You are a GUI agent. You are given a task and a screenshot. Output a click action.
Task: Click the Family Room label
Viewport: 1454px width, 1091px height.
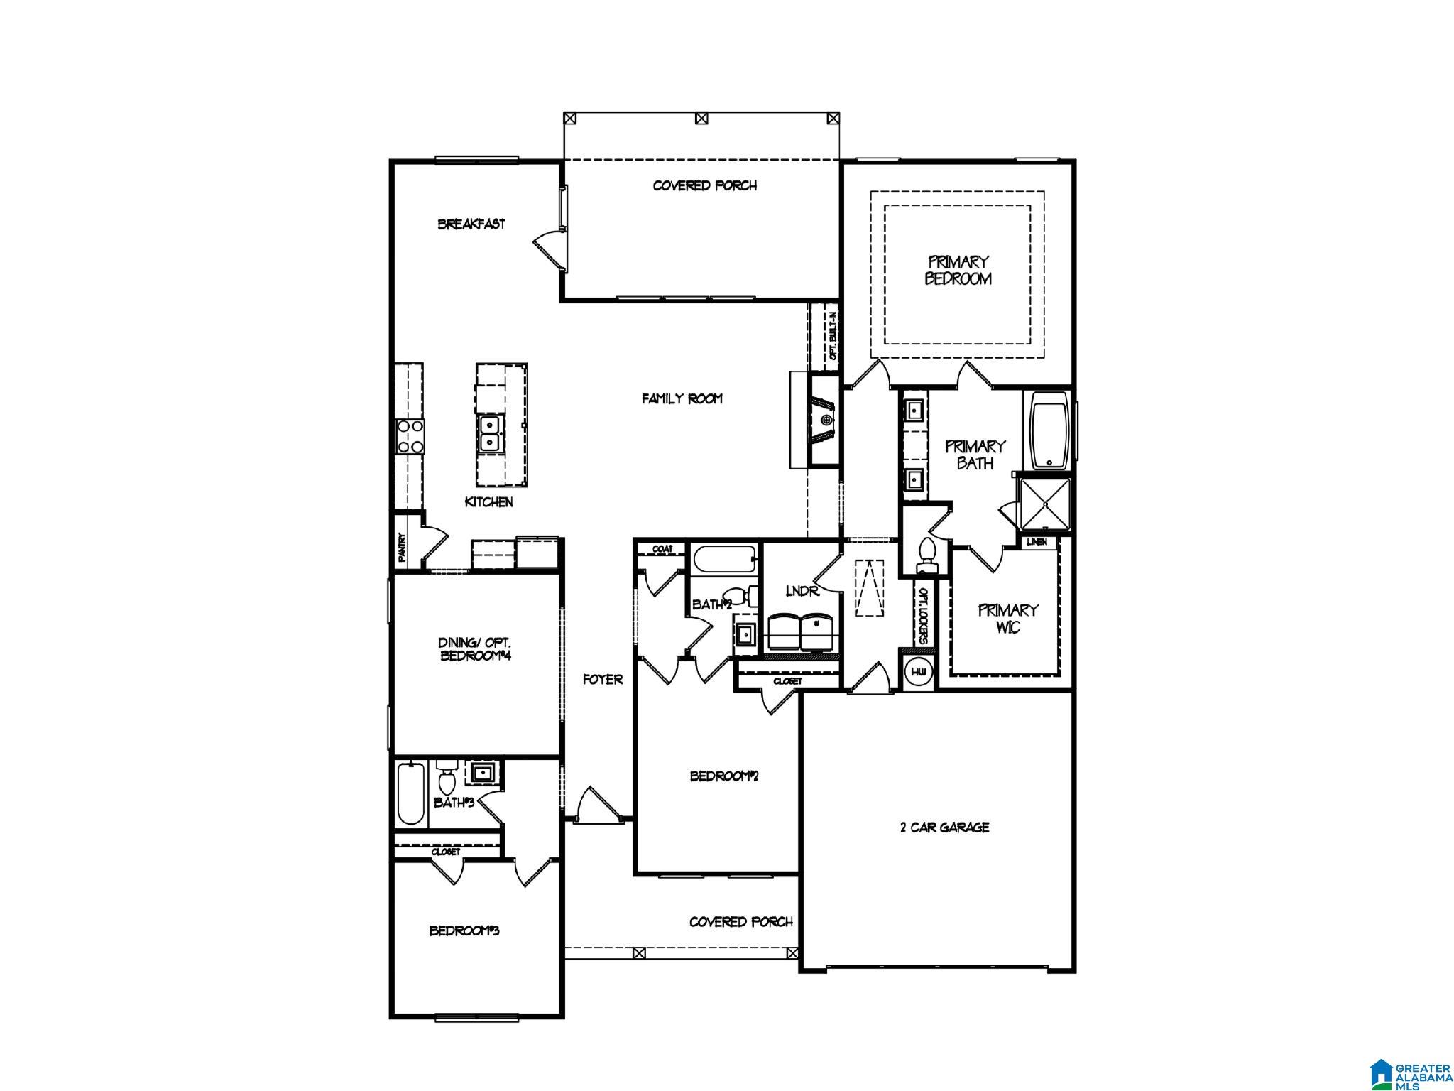682,399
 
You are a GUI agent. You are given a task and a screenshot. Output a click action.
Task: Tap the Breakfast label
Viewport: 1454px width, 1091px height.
471,224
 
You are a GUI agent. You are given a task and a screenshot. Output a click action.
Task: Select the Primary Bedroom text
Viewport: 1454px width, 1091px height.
958,270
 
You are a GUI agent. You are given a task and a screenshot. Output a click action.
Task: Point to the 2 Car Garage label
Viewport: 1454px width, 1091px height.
945,827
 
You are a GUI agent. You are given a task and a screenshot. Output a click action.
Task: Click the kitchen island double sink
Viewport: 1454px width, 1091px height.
490,433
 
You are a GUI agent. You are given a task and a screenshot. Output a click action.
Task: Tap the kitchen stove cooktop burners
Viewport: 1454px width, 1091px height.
410,437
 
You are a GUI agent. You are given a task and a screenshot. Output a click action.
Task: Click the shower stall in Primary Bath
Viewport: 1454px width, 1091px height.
1044,504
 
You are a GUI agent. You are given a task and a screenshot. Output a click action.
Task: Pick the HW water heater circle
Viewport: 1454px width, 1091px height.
918,671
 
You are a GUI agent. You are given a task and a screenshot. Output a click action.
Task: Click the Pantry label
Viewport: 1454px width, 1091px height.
402,548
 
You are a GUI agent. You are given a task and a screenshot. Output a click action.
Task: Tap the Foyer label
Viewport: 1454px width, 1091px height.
603,680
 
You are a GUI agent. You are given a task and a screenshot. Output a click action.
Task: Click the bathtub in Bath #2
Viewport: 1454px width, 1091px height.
723,560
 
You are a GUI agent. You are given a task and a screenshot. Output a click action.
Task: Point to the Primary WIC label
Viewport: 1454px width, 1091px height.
1008,619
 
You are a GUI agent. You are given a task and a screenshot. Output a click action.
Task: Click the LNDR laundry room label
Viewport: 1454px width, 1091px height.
802,591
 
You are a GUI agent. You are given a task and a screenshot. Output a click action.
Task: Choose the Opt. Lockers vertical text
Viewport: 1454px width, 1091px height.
923,616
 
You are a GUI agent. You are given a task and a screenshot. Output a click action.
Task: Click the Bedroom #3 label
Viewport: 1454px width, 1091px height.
464,930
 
